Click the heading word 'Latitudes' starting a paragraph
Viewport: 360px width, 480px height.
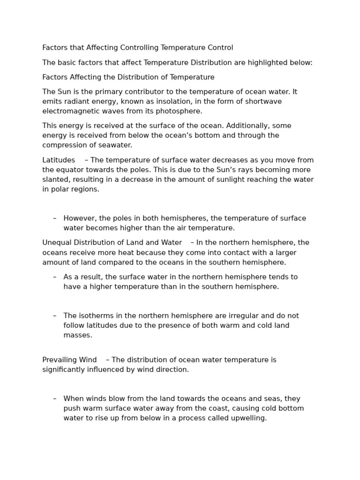pos(59,160)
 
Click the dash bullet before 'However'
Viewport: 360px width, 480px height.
pos(55,218)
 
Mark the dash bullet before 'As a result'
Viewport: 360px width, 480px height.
pos(55,277)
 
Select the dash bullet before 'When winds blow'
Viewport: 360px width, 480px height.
pos(55,398)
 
